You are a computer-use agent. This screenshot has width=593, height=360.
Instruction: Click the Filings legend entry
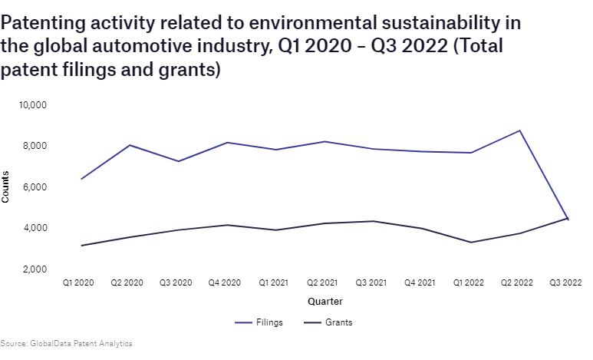pyautogui.click(x=259, y=322)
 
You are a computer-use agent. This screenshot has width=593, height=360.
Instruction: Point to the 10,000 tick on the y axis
pyautogui.click(x=34, y=104)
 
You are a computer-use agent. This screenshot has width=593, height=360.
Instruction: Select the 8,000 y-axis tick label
pyautogui.click(x=36, y=146)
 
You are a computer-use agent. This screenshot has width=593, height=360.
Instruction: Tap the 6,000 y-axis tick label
pyautogui.click(x=36, y=187)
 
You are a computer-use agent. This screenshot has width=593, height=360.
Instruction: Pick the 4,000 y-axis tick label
pyautogui.click(x=36, y=228)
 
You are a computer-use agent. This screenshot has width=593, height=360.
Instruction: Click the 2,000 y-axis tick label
pyautogui.click(x=36, y=269)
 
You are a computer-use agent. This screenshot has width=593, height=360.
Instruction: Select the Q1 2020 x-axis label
pyautogui.click(x=78, y=282)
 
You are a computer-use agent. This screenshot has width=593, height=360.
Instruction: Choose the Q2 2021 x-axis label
pyautogui.click(x=323, y=282)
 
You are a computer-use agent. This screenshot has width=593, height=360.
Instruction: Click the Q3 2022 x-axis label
pyautogui.click(x=566, y=282)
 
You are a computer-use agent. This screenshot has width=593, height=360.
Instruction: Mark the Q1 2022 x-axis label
pyautogui.click(x=469, y=282)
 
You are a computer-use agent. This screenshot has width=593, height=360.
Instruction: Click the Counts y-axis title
pyautogui.click(x=6, y=187)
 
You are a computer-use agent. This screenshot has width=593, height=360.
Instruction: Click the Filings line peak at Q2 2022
pyautogui.click(x=519, y=130)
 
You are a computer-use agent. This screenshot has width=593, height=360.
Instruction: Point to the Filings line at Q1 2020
pyautogui.click(x=81, y=179)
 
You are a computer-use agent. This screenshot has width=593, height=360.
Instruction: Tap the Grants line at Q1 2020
pyautogui.click(x=81, y=246)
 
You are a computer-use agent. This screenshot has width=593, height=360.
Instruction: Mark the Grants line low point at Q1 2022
pyautogui.click(x=470, y=243)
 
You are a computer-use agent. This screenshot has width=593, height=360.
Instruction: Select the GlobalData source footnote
pyautogui.click(x=66, y=344)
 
